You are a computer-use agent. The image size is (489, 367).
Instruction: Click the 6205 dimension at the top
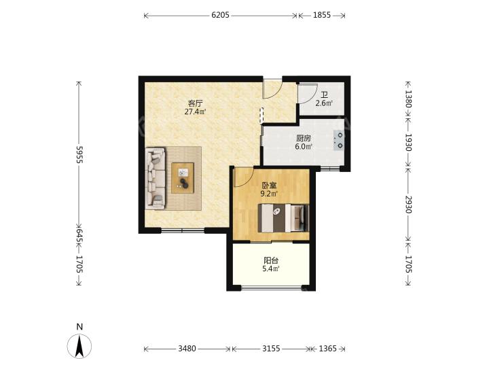coord(220,15)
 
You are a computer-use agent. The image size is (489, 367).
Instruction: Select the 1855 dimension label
coord(321,15)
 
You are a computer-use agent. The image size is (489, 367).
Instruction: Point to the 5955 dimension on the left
coord(79,154)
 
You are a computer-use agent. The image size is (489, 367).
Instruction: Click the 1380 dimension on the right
coord(408,99)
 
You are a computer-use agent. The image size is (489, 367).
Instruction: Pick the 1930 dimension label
coord(408,142)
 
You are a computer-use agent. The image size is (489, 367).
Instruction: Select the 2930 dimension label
coord(408,205)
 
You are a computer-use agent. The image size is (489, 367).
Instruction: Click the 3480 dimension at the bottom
coord(187,348)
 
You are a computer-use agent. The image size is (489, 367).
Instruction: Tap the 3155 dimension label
coord(271,348)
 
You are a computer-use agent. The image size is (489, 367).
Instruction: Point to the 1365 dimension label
coord(327,348)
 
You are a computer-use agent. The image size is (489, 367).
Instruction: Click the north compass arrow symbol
coord(79,346)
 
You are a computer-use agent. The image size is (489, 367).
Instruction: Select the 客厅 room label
coord(195,103)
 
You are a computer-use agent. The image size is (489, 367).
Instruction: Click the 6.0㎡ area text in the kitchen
coord(304,146)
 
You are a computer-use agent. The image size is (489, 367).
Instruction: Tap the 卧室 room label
coord(269,186)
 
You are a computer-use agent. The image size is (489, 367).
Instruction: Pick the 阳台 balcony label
coord(271,260)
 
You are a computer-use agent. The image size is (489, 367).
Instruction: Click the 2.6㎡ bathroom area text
coord(324,103)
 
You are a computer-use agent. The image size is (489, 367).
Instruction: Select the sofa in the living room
coord(156,178)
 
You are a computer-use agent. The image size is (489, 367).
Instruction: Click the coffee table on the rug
coord(183,178)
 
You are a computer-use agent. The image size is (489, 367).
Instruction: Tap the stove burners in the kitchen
coord(339,140)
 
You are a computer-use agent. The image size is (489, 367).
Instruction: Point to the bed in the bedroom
coord(283,218)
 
